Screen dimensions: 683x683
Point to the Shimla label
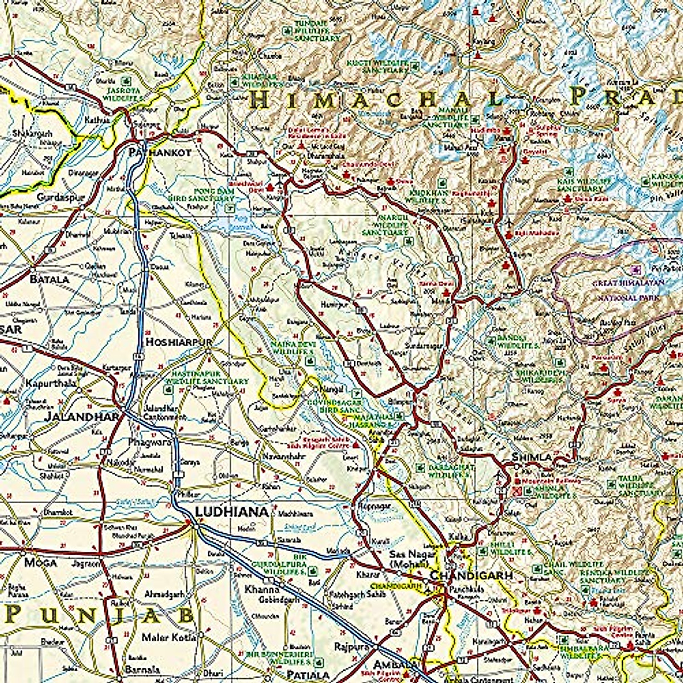tap(532, 457)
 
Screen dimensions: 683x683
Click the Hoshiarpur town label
tap(179, 342)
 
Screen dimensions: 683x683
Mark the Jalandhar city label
tap(82, 416)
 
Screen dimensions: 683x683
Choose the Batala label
tap(50, 279)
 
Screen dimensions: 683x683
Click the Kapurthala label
tap(51, 384)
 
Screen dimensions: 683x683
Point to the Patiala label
tap(308, 674)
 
